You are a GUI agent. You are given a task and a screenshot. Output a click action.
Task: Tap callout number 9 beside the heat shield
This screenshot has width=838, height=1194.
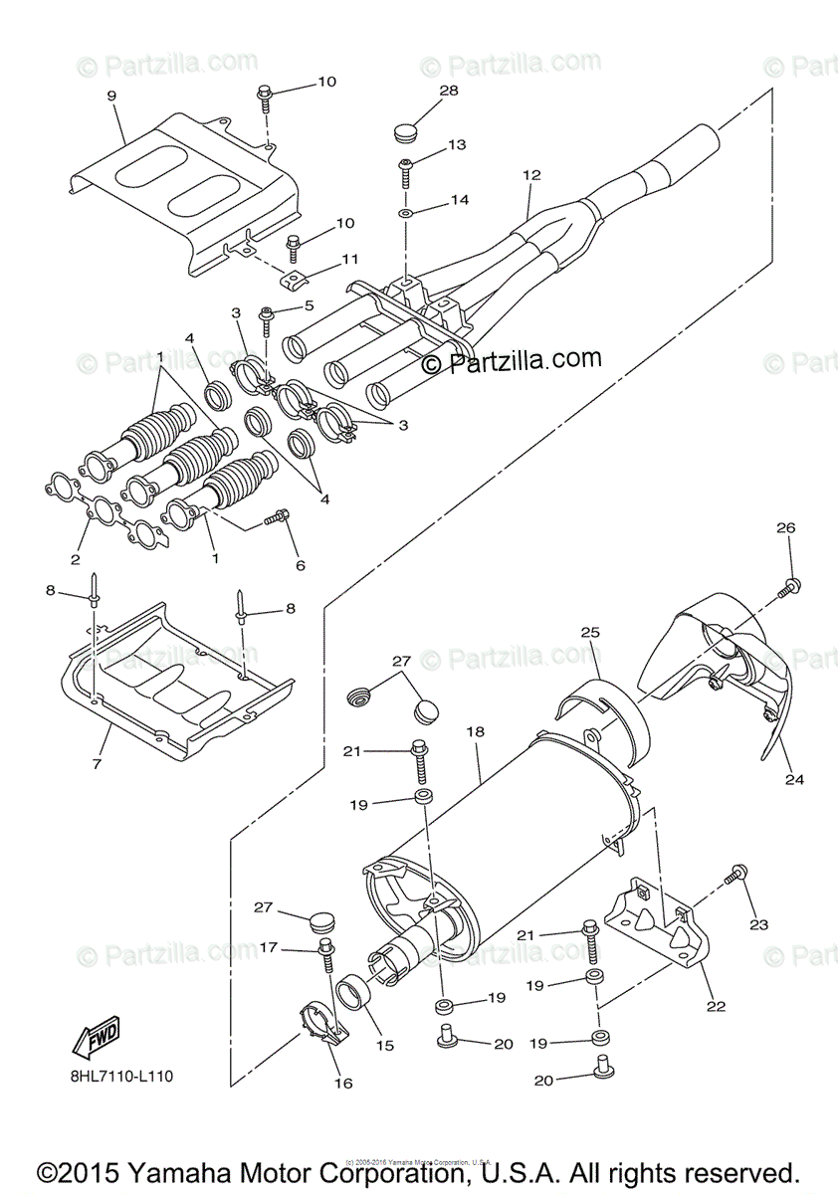tap(111, 96)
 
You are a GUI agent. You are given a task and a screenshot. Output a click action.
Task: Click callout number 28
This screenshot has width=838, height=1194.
tap(448, 91)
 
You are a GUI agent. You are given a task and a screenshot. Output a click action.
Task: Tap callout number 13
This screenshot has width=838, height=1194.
tap(456, 145)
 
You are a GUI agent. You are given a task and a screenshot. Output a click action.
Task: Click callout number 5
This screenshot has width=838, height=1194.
tap(309, 305)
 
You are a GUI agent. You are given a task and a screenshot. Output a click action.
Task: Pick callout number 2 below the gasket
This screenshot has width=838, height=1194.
tap(75, 560)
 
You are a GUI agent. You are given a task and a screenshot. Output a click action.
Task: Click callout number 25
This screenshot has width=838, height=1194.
tap(590, 633)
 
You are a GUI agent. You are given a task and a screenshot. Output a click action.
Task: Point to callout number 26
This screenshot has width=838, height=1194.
tap(785, 528)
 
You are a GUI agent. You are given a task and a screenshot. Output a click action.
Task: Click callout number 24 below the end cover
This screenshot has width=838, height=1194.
tap(793, 780)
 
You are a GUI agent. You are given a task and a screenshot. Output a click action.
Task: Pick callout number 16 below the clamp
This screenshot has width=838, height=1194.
tap(343, 1084)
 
